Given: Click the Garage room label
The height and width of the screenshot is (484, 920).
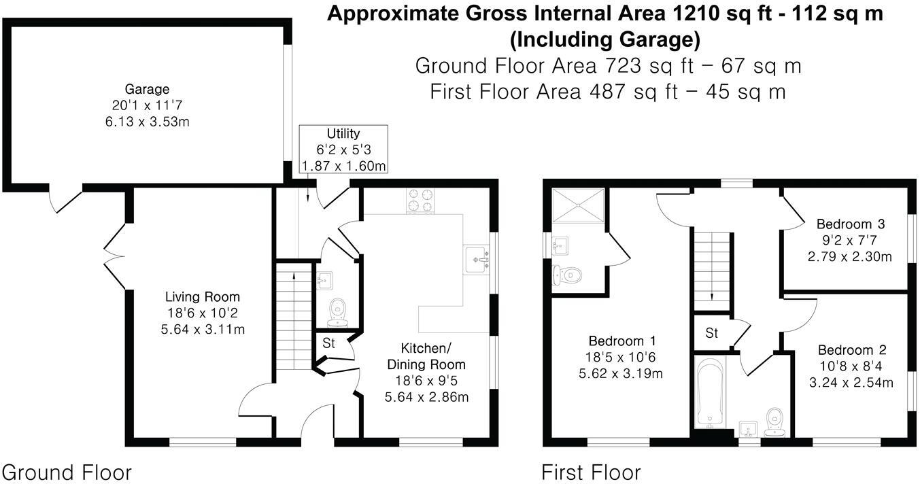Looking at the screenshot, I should point(147,89).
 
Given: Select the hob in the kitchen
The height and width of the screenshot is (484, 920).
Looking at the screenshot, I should point(420,200).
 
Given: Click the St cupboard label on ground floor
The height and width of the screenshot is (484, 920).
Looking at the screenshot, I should point(329,344).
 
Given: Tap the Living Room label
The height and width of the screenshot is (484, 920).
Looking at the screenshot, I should point(203,297).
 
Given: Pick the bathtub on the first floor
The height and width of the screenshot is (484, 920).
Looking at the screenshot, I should point(709,394).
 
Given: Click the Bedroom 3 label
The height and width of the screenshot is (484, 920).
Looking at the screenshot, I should point(849,224).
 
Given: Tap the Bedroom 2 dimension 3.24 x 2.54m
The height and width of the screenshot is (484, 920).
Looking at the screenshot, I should point(850,382).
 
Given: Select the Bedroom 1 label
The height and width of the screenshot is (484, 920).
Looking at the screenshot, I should point(622,341).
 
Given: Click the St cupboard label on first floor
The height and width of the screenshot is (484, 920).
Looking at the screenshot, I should point(711,333).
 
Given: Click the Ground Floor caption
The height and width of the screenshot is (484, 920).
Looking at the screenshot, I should point(67,472).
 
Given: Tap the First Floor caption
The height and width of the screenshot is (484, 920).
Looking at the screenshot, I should point(591,472).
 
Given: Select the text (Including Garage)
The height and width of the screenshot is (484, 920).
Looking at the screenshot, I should point(604,39).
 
